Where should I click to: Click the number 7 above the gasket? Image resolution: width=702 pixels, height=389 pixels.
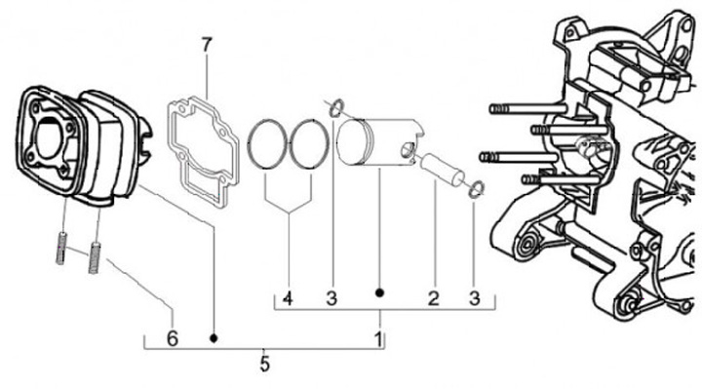tap(206, 45)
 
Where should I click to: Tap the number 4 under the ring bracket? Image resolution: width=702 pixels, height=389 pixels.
tap(288, 298)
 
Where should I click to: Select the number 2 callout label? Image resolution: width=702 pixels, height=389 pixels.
tap(433, 298)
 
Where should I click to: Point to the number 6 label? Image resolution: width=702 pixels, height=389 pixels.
tap(173, 338)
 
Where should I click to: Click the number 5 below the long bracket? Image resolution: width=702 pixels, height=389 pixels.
tap(264, 364)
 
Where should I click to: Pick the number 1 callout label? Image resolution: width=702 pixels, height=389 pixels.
tap(378, 339)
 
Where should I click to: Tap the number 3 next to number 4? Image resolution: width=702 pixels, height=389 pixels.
tap(331, 298)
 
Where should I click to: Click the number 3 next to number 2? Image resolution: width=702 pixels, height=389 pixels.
tap(475, 298)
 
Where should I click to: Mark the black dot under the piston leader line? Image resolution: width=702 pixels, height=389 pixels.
tap(379, 293)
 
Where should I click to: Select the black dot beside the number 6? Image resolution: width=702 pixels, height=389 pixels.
tap(214, 338)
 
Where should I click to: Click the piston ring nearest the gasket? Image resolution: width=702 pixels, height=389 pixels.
tap(250, 143)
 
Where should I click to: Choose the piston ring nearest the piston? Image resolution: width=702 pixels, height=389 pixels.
tap(292, 143)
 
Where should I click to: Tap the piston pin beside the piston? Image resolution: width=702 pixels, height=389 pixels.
tap(443, 170)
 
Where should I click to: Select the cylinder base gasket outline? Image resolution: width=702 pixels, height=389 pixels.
tap(170, 135)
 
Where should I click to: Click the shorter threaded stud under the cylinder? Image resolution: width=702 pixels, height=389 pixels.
tap(62, 248)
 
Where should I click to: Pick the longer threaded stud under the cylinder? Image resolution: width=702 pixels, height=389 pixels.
tap(94, 257)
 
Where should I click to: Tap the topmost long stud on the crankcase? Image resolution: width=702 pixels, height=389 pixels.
tap(526, 108)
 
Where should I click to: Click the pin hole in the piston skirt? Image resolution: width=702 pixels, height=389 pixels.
tap(407, 150)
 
